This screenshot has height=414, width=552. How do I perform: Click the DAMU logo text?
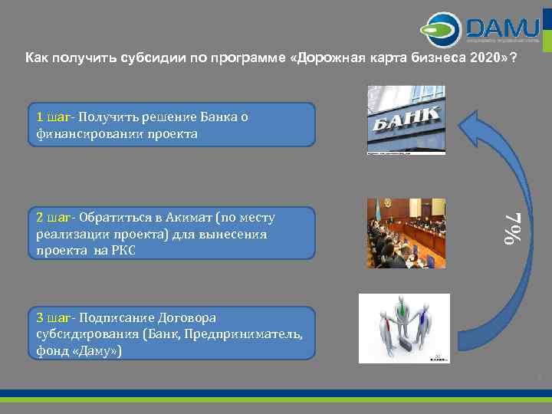point(501,28)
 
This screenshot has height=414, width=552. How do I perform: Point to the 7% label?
point(512,228)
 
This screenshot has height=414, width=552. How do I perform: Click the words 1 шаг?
point(54,117)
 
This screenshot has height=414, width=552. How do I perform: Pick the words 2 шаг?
point(54,218)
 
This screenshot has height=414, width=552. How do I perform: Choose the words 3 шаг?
point(54,317)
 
